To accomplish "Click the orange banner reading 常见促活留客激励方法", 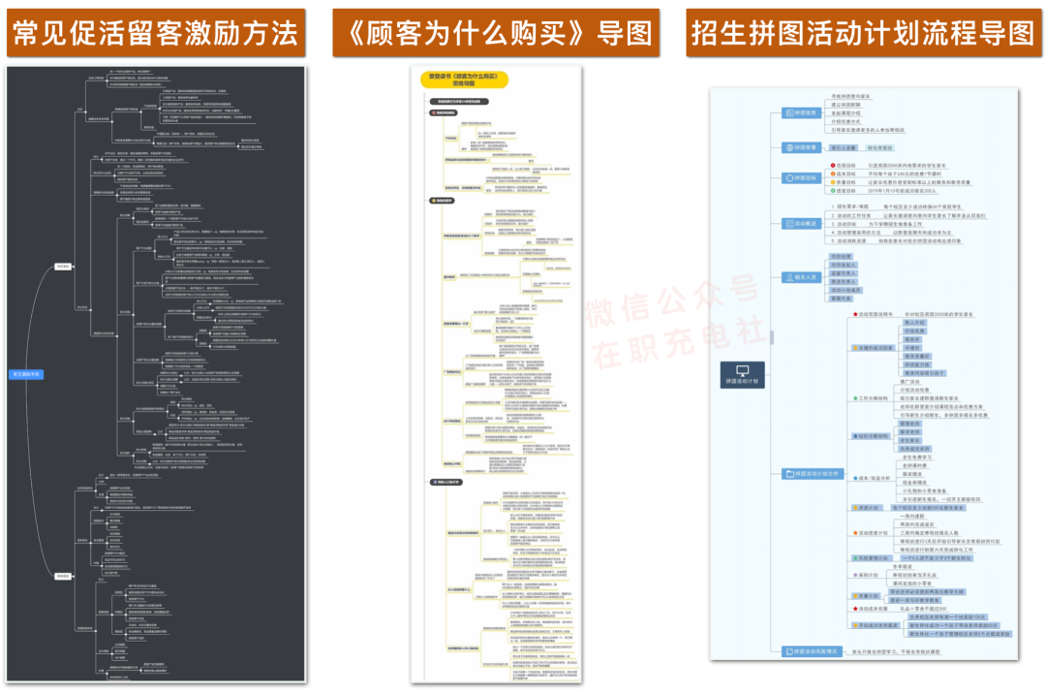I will point(155,34).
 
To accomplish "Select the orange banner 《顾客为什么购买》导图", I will point(495,34).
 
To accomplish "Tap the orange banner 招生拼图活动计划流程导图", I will point(862,34).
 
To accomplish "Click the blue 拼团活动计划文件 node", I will point(815,473).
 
